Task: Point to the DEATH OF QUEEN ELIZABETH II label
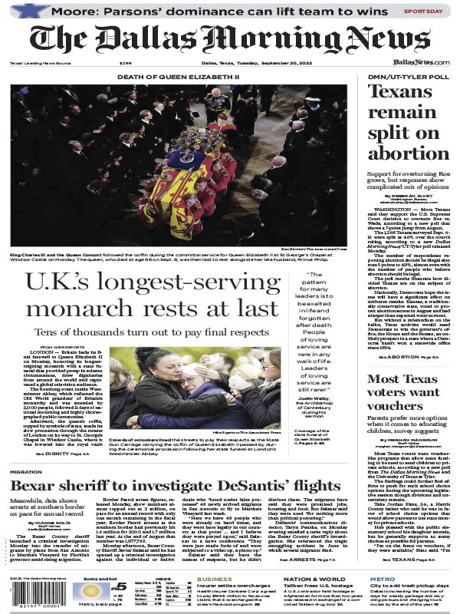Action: [x=178, y=78]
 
